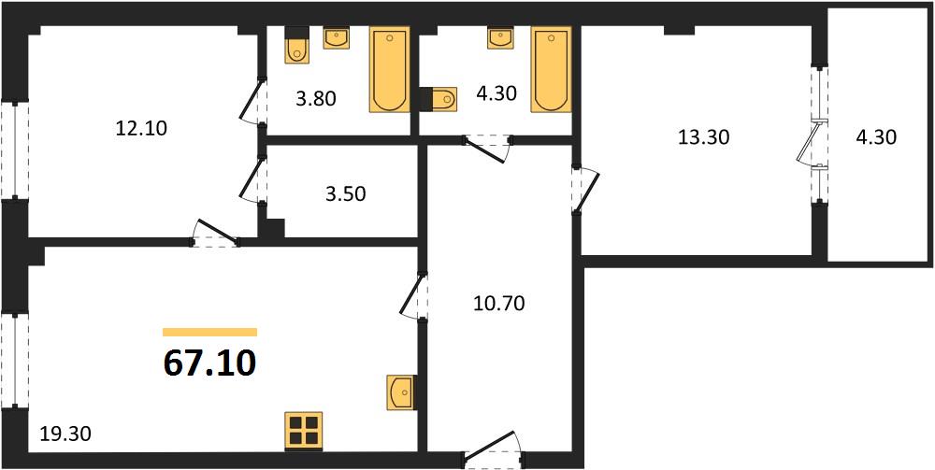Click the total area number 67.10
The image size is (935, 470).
(209, 364)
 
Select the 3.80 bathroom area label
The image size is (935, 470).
(317, 98)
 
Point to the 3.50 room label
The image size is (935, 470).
(346, 194)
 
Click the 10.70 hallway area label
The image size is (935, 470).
(498, 305)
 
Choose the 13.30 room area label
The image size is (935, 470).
(704, 137)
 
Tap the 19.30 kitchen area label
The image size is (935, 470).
(65, 434)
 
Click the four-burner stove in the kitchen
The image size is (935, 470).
(304, 430)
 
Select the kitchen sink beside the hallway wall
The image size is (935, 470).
(401, 392)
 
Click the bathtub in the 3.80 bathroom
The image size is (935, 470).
(390, 69)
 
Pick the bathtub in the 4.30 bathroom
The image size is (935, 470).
(551, 69)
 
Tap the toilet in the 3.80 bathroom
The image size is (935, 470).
(296, 45)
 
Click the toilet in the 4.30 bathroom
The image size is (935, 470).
(439, 98)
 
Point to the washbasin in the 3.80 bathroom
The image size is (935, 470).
(337, 37)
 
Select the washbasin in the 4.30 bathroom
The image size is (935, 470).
(500, 37)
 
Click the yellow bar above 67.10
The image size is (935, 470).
(209, 333)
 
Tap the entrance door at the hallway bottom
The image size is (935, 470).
(493, 449)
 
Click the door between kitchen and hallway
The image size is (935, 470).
(414, 295)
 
